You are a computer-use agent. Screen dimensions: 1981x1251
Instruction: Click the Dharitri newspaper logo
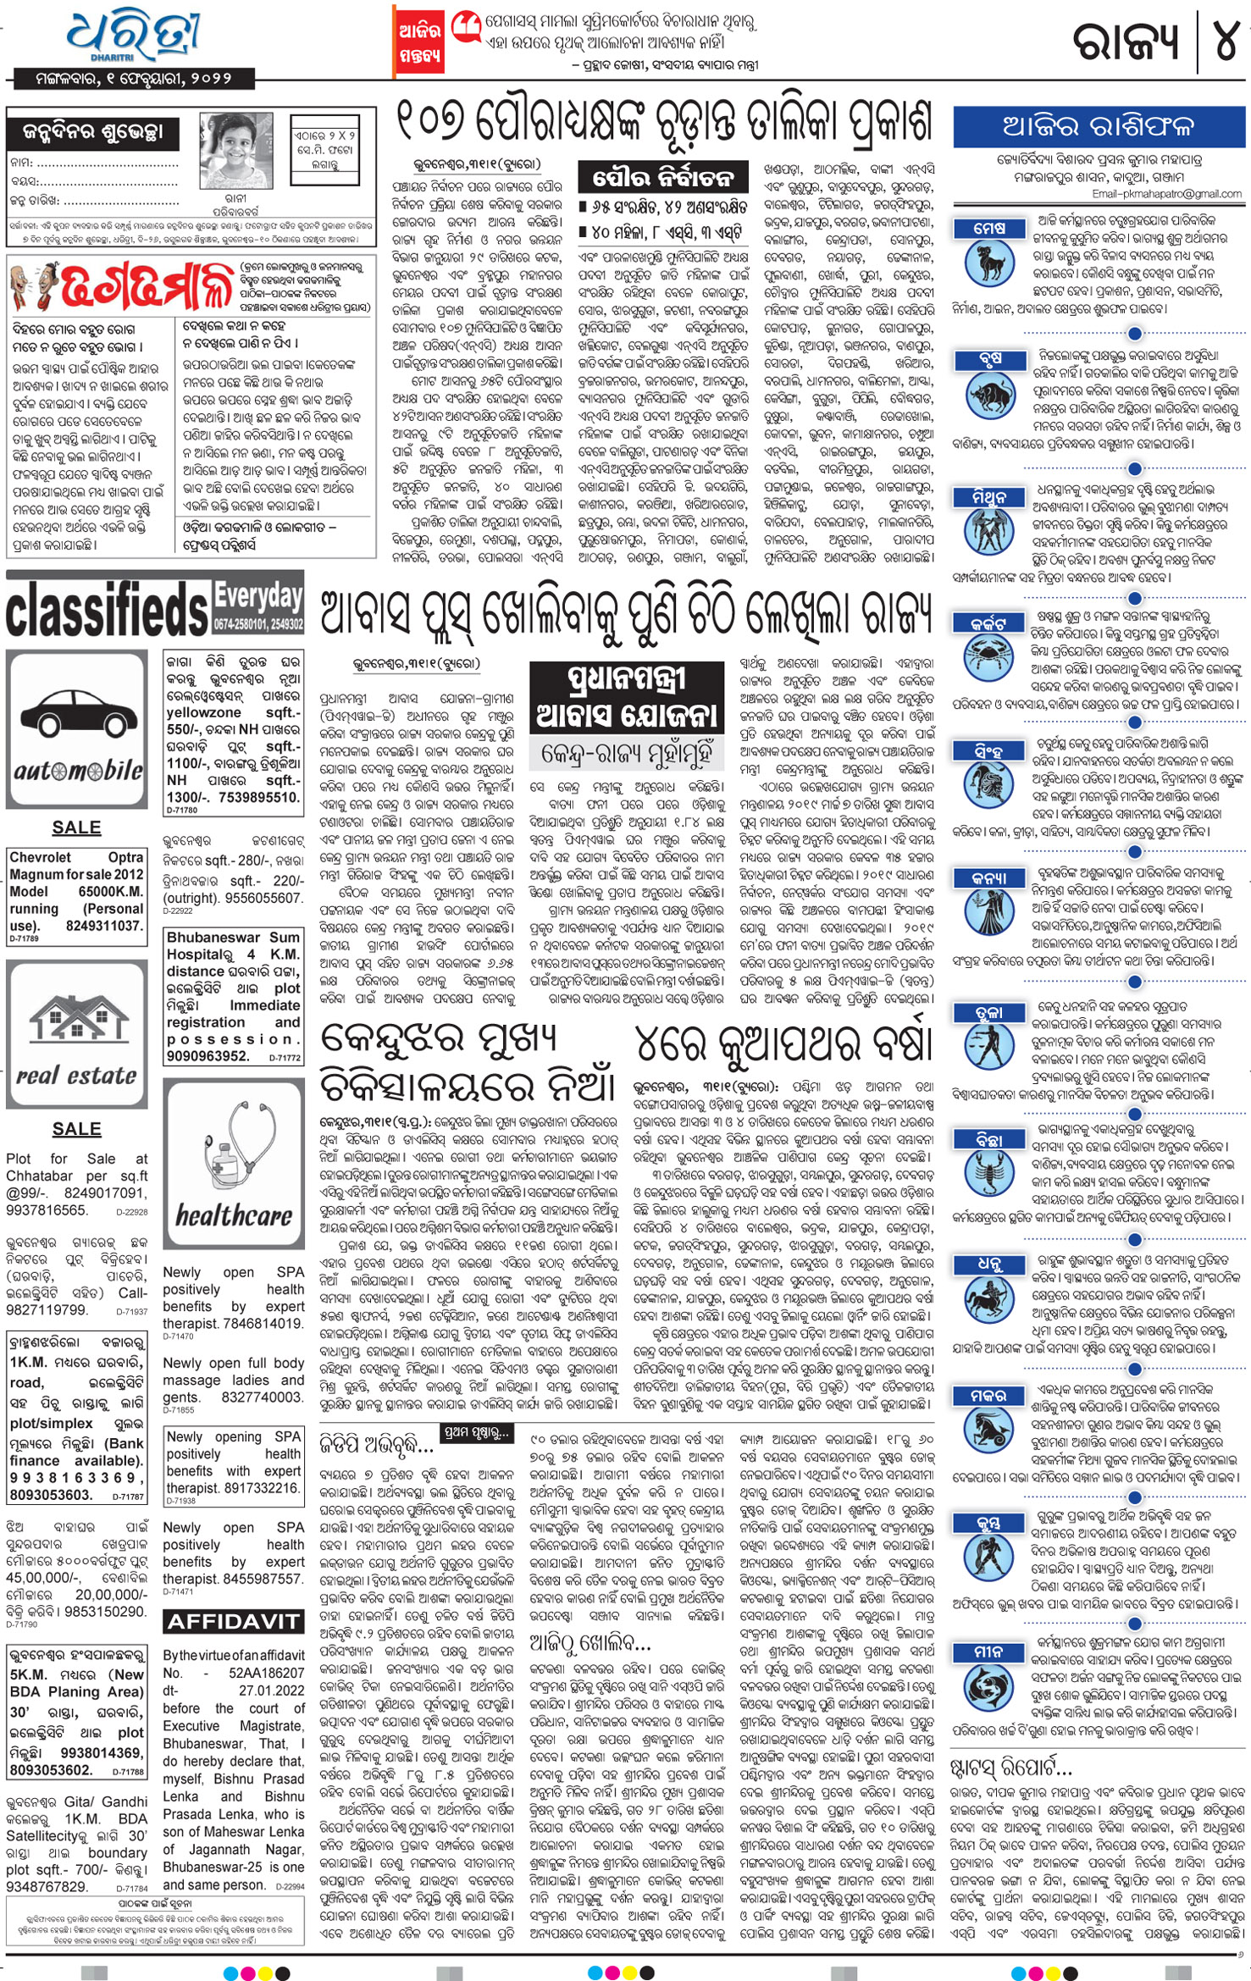pos(134,36)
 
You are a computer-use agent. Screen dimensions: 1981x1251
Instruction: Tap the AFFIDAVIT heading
pos(233,1622)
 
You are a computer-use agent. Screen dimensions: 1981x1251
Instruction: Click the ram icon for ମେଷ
pos(988,263)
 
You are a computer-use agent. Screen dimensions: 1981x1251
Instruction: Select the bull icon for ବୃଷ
pos(988,398)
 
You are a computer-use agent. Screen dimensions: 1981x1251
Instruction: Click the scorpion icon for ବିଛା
pos(988,1174)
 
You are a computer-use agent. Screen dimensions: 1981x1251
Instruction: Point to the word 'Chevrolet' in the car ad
pos(40,857)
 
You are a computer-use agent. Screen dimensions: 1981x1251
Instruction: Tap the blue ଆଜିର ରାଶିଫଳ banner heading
pos(1098,127)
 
